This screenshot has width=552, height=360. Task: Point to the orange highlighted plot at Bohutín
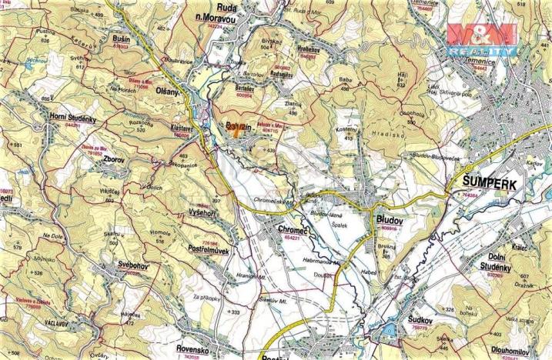[x=237, y=130]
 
